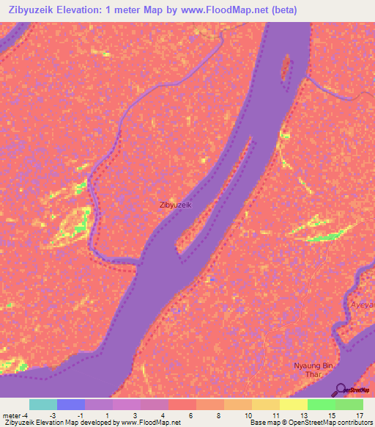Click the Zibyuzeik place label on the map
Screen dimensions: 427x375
coord(176,205)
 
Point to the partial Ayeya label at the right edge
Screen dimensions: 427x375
coord(362,304)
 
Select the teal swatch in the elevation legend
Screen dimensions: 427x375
coord(42,404)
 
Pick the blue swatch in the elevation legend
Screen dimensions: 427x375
coord(70,404)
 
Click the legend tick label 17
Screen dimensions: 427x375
coord(359,415)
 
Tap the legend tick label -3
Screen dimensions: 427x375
coord(53,415)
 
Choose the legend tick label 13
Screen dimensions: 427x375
coord(303,415)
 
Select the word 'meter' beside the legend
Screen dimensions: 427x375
coord(12,415)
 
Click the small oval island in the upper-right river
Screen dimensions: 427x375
coord(285,68)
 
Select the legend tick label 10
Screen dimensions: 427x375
coord(248,415)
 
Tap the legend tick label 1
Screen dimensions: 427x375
coord(108,415)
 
